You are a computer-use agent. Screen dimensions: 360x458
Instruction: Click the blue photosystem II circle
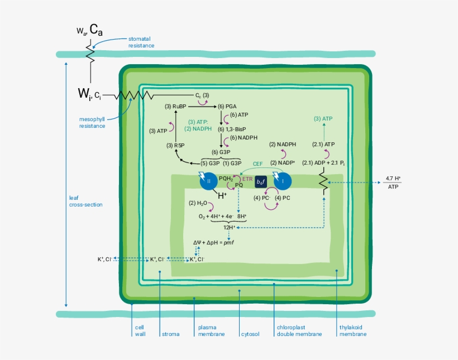pyautogui.click(x=208, y=181)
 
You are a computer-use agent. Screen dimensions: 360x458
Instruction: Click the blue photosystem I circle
pyautogui.click(x=283, y=181)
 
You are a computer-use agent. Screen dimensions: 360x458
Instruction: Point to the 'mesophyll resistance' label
pyautogui.click(x=92, y=122)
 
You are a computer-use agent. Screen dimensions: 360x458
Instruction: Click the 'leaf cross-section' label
pyautogui.click(x=85, y=201)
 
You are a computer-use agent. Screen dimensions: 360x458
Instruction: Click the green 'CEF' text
pyautogui.click(x=258, y=164)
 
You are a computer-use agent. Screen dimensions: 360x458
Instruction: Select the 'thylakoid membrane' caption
pyautogui.click(x=353, y=331)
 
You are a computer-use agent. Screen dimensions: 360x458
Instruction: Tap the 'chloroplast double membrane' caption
pyautogui.click(x=299, y=331)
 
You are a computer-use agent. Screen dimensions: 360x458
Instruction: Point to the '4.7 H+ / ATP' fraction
pyautogui.click(x=393, y=183)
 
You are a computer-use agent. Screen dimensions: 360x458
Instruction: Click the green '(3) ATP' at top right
pyautogui.click(x=323, y=118)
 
